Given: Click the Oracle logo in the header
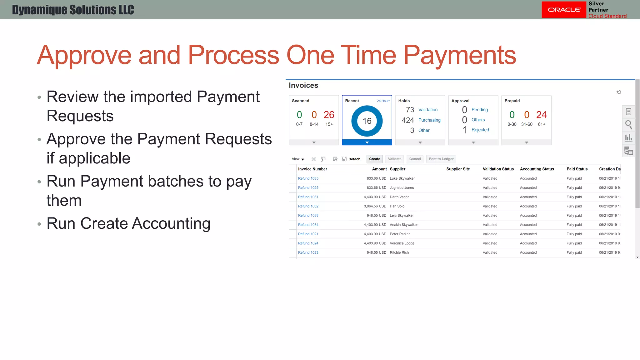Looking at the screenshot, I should click(x=564, y=10).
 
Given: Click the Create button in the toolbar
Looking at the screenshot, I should click(x=374, y=159).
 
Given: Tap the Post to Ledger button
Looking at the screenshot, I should click(x=441, y=159).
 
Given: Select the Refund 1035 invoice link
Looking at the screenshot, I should click(x=308, y=178).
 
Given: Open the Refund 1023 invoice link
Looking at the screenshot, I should click(x=308, y=252).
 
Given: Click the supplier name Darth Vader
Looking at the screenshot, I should click(x=399, y=197).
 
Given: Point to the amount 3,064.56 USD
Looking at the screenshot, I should click(x=375, y=206).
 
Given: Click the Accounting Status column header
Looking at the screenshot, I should click(x=537, y=169).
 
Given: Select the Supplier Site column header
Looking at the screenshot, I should click(x=458, y=169).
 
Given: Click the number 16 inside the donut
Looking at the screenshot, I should click(x=367, y=121).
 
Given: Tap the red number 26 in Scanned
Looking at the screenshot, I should click(x=329, y=115).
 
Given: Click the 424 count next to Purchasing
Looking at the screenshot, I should click(x=408, y=120).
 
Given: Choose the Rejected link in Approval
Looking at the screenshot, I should click(x=480, y=130).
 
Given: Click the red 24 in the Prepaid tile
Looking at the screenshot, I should click(x=541, y=115).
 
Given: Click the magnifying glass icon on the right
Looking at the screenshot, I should click(x=628, y=125).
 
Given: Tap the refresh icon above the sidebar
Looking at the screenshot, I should click(x=619, y=92).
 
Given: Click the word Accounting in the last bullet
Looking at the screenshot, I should click(x=171, y=223).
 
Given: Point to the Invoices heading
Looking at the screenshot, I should click(x=303, y=85).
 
